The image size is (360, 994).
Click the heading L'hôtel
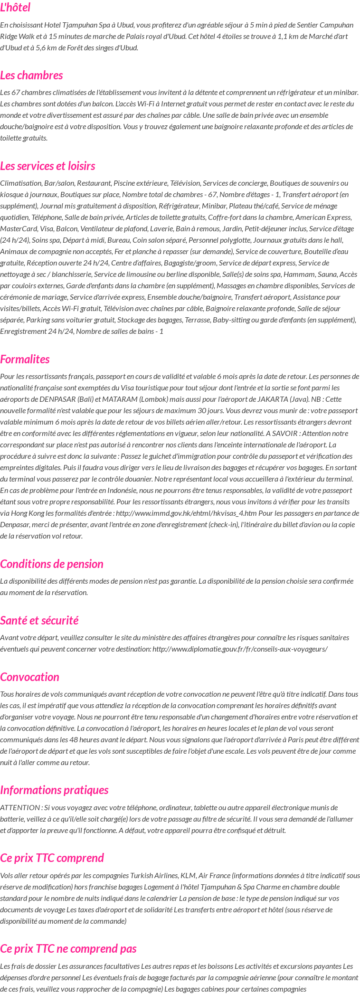tap(15, 8)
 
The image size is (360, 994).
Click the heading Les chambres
tap(31, 75)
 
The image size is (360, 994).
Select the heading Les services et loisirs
tap(47, 166)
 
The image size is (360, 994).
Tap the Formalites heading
tap(25, 359)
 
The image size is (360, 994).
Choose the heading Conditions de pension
tap(51, 564)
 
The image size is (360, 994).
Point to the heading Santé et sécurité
tap(39, 620)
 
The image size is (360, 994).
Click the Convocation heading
tap(29, 677)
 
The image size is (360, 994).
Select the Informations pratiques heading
tap(54, 790)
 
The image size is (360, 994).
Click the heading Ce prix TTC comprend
tap(52, 858)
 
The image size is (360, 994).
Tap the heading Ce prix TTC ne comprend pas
tap(68, 948)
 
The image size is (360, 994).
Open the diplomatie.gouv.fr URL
tap(240, 649)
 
